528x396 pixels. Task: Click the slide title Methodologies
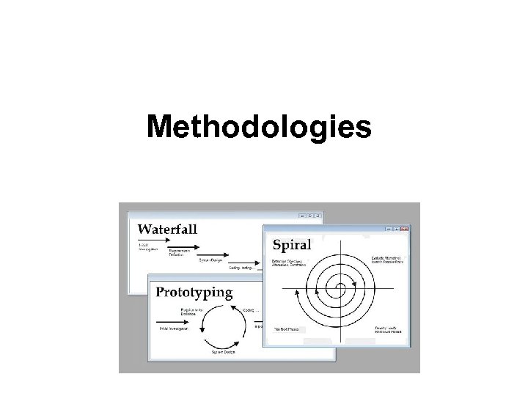point(259,126)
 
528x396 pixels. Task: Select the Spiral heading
point(292,244)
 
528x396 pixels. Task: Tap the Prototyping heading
point(194,292)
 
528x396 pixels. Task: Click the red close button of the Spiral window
point(403,228)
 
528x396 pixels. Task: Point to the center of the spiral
point(340,287)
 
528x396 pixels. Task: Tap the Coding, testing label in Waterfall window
point(241,268)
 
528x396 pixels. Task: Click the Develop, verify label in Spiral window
point(389,329)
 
